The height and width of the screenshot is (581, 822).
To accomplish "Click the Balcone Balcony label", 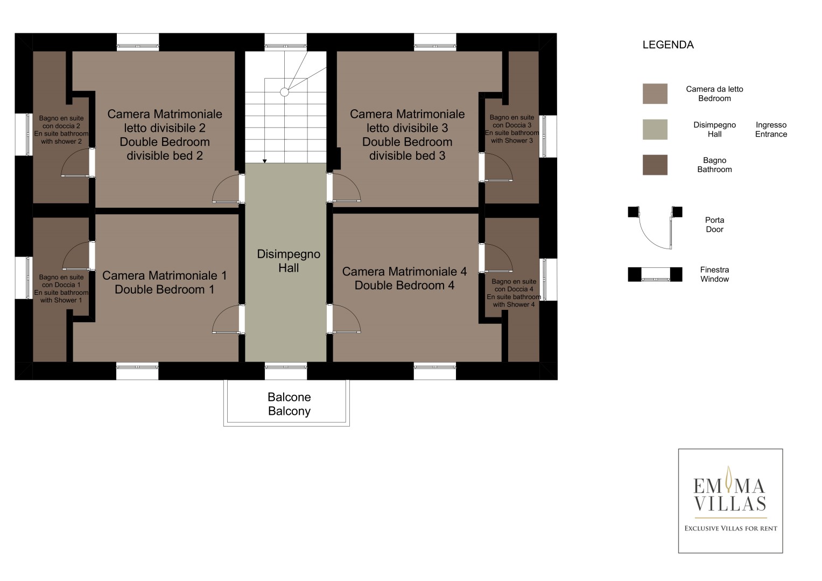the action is click(x=289, y=404).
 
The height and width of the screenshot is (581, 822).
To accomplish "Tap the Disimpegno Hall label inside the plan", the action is click(x=289, y=261).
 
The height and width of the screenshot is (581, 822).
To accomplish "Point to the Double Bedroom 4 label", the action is click(x=404, y=285).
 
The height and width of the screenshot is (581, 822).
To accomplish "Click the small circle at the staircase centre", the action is click(x=284, y=92).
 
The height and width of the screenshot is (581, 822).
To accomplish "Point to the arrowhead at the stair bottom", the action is click(x=265, y=161).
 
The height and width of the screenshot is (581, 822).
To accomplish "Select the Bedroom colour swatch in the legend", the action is click(x=655, y=94).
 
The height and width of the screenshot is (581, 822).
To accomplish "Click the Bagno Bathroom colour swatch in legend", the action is click(x=655, y=165).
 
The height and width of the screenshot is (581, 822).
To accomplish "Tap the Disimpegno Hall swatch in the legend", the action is click(x=655, y=130).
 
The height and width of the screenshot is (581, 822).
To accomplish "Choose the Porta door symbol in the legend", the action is click(x=655, y=228).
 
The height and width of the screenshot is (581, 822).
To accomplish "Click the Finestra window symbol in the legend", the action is click(x=655, y=274).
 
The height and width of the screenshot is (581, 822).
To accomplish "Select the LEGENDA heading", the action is click(x=668, y=45).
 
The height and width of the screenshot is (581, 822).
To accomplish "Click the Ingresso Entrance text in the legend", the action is click(x=771, y=130).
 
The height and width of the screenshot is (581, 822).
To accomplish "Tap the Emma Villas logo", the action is click(x=730, y=501).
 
